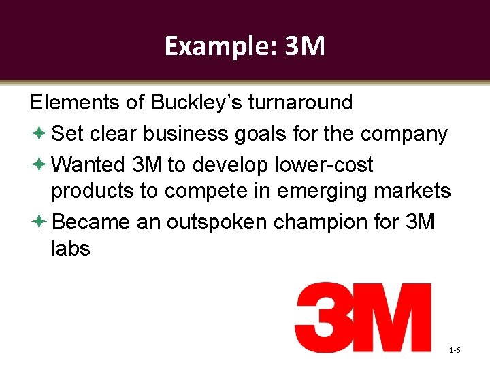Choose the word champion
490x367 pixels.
coord(332,222)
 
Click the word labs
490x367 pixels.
coord(71,249)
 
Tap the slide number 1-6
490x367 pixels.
coord(455,350)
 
